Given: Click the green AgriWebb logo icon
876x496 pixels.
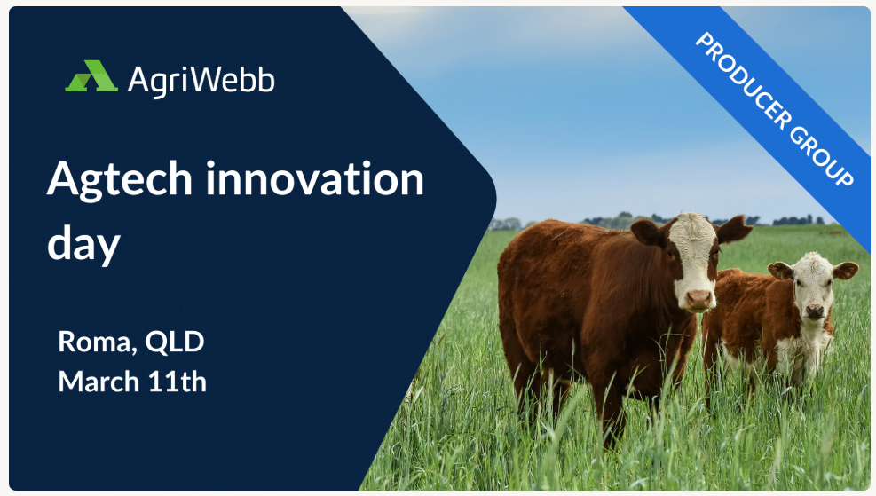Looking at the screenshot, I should pyautogui.click(x=91, y=77).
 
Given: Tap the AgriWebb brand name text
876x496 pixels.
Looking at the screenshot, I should pyautogui.click(x=201, y=80).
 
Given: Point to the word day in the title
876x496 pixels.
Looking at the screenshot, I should pyautogui.click(x=83, y=244).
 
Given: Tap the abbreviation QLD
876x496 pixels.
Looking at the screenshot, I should pyautogui.click(x=175, y=341).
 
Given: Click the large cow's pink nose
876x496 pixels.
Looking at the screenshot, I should pyautogui.click(x=699, y=297).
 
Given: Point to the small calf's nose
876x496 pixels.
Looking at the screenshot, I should pyautogui.click(x=815, y=311).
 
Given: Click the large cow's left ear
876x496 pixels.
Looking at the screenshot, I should pyautogui.click(x=647, y=232).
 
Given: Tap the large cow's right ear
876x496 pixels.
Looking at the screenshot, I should pyautogui.click(x=734, y=230).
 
